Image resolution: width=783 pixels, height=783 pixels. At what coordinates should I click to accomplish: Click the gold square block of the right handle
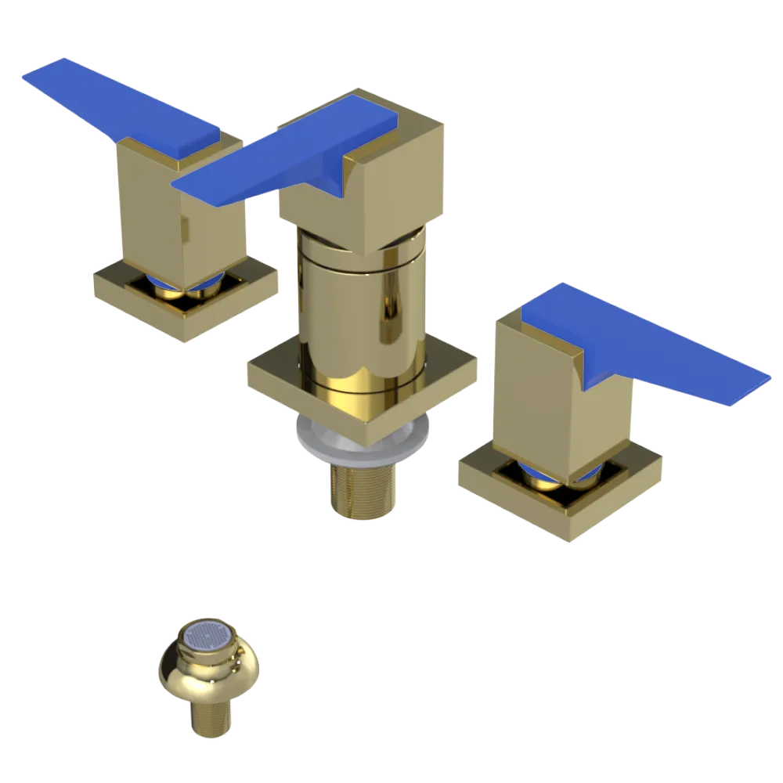point(540,399)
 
